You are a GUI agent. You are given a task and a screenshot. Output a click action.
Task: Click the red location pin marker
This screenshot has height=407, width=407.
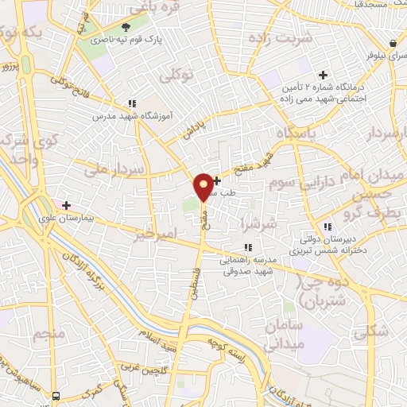203,186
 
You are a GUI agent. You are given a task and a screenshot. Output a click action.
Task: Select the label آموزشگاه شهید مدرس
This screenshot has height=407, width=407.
97,115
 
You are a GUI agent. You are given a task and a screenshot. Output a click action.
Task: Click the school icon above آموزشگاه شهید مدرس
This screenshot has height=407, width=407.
132,103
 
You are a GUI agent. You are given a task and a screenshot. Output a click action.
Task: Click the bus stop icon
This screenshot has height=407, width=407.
56,395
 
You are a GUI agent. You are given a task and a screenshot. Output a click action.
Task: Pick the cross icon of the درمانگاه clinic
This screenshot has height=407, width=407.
323,75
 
